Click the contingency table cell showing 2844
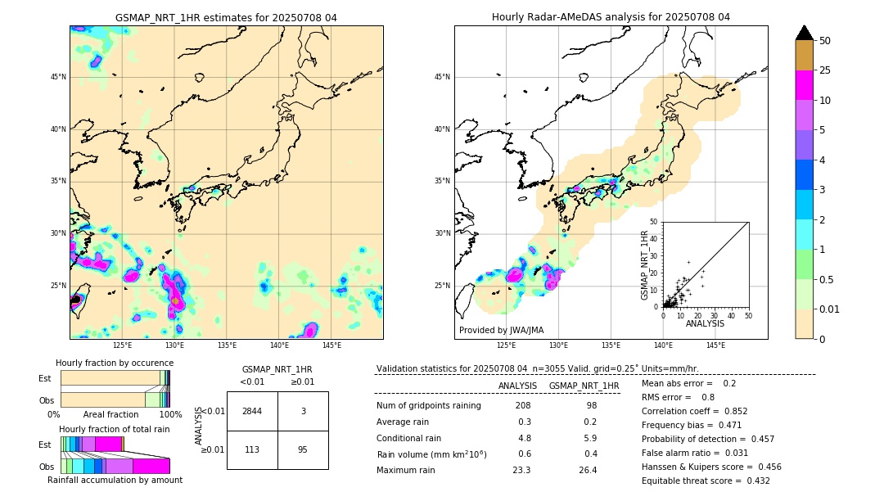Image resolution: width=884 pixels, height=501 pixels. coord(252,411)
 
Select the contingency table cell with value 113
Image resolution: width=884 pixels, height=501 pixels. coord(252,449)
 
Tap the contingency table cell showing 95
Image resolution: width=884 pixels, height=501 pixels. coord(303,449)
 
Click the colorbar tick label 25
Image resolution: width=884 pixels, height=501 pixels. coord(825,70)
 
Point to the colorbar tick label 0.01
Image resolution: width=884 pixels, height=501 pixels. coord(829,309)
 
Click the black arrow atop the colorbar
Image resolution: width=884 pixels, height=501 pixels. coord(805,33)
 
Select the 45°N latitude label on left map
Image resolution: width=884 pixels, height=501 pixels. coord(58,77)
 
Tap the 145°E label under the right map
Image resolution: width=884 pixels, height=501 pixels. coord(715,345)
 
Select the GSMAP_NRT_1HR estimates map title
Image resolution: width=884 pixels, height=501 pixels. coord(226,17)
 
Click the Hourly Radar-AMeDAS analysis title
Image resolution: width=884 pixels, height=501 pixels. coord(611,17)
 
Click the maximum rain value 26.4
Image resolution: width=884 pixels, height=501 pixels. coord(588,470)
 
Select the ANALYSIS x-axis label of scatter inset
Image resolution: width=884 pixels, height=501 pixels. coord(705,323)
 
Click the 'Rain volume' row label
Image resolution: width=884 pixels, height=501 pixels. coord(431,454)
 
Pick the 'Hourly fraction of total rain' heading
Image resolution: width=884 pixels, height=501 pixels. coord(115,429)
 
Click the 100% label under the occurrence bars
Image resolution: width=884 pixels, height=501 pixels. coord(170,414)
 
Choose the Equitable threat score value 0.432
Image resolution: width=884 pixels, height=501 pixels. coord(753,481)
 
